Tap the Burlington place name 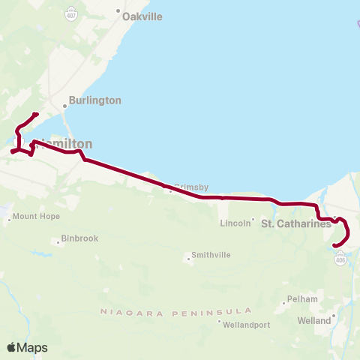pyautogui.click(x=94, y=100)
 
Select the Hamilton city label pyautogui.click(x=67, y=143)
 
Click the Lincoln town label pyautogui.click(x=235, y=223)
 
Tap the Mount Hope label pyautogui.click(x=35, y=217)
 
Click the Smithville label pyautogui.click(x=211, y=255)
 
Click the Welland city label pyautogui.click(x=313, y=320)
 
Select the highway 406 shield pyautogui.click(x=341, y=258)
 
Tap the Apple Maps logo pyautogui.click(x=27, y=347)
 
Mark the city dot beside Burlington pyautogui.click(x=65, y=106)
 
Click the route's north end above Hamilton pyautogui.click(x=37, y=114)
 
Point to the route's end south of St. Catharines pyautogui.click(x=334, y=243)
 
